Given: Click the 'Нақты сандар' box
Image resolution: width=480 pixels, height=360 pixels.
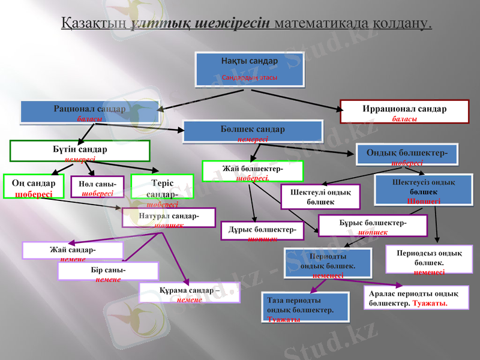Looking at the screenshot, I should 250,70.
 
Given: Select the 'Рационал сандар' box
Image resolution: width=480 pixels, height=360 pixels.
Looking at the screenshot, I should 89,112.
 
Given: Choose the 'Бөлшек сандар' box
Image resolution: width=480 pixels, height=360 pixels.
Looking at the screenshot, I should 253,132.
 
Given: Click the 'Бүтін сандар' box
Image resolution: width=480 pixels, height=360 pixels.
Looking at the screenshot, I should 80,151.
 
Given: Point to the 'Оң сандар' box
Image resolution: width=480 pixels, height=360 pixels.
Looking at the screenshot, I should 31,188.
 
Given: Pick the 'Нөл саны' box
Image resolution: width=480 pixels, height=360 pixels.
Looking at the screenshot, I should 97,187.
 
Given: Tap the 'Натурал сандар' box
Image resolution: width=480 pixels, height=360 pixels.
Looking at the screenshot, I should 169,218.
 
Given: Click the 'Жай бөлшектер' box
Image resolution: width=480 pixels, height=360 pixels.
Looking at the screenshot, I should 253,172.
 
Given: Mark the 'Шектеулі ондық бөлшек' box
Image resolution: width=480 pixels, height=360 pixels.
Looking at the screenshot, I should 320,196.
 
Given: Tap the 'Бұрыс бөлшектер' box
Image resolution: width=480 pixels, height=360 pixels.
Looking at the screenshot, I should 373,226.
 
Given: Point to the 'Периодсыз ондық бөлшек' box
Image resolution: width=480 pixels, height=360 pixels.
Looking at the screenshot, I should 428,260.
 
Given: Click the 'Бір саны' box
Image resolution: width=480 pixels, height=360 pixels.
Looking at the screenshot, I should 108,271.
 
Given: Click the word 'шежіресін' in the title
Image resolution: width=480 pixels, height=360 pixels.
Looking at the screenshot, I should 235,23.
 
